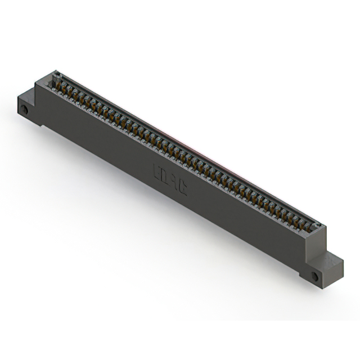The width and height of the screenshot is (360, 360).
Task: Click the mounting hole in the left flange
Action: [x=24, y=109]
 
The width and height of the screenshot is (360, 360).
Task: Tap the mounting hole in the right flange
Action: [x=314, y=276]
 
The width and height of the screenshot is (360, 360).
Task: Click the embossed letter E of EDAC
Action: [x=156, y=169]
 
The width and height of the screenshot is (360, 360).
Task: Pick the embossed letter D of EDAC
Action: [x=165, y=174]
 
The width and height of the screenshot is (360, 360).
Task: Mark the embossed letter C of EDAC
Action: [x=182, y=187]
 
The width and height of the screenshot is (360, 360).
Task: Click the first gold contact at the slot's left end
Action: [x=57, y=85]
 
